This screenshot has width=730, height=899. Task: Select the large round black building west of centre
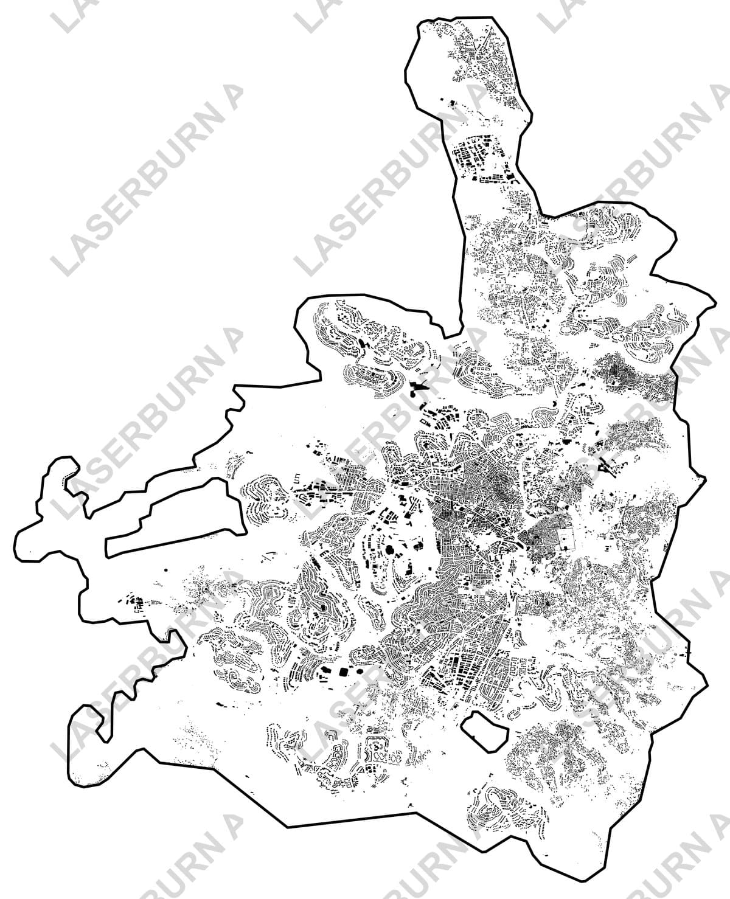coord(390,551)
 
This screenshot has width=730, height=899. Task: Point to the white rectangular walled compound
coord(565,539)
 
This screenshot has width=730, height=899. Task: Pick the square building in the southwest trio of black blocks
coord(344,672)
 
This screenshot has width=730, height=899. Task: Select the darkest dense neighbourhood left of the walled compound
coord(538,538)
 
